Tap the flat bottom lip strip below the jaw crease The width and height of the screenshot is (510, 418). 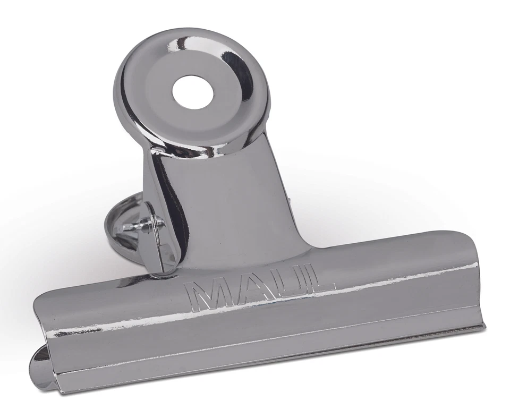[266, 361]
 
